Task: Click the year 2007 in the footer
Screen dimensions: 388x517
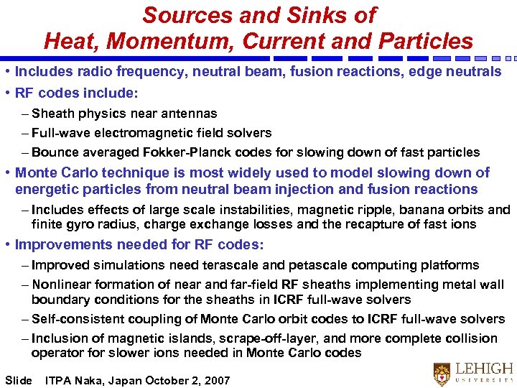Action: click(x=216, y=380)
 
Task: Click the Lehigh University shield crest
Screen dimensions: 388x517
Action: click(x=442, y=374)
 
